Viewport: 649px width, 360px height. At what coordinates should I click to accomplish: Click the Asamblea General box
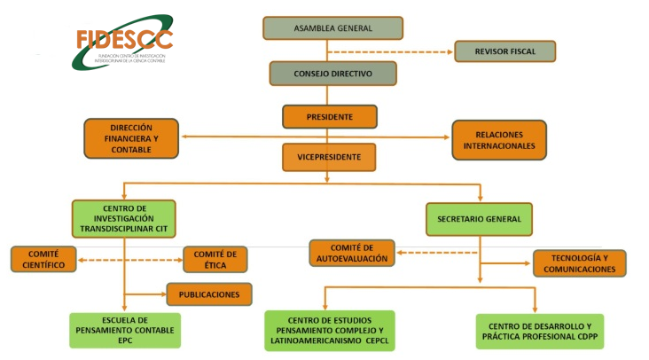click(332, 27)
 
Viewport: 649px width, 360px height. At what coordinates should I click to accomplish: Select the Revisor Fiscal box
click(504, 51)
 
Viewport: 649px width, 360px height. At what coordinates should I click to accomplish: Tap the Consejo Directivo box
click(332, 73)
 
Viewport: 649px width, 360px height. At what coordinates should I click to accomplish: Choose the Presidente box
click(329, 116)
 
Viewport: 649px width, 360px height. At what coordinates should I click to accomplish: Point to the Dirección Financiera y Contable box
click(131, 138)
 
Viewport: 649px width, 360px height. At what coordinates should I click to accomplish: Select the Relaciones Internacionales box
click(499, 139)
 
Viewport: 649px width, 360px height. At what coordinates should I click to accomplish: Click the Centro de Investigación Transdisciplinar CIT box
click(124, 218)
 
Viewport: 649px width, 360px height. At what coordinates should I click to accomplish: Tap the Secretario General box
click(479, 218)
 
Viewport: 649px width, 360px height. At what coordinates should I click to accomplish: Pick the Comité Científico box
click(44, 259)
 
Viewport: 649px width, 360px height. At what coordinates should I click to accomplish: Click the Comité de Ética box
click(215, 259)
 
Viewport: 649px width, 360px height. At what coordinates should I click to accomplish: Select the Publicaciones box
click(210, 293)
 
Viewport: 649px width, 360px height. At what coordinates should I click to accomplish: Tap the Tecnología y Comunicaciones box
click(579, 262)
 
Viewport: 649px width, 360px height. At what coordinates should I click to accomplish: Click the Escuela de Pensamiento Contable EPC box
click(125, 330)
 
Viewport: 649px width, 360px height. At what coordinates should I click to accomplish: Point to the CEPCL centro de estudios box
click(330, 330)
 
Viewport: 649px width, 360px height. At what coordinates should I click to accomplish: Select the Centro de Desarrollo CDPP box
click(539, 331)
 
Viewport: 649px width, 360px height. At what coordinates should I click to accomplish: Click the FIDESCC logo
click(121, 41)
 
